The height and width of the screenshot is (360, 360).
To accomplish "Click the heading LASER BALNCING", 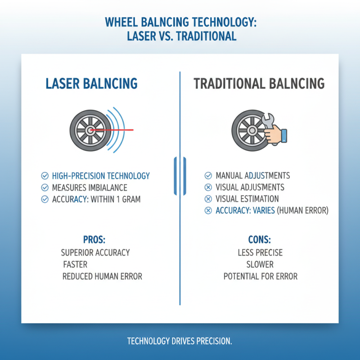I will (x=91, y=83).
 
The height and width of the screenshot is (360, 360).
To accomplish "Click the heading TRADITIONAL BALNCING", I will (x=259, y=83).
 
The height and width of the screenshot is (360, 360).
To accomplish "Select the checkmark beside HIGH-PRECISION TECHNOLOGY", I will (x=45, y=176).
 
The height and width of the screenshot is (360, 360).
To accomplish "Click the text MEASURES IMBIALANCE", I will (x=90, y=188).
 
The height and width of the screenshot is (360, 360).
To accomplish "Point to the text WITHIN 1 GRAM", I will (x=116, y=199).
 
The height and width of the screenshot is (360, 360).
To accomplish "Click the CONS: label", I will (x=260, y=239).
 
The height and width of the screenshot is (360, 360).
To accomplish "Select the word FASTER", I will (x=75, y=264).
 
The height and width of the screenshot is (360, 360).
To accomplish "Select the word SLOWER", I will (x=260, y=264).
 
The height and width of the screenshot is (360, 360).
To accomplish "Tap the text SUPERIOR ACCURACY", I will (x=95, y=252).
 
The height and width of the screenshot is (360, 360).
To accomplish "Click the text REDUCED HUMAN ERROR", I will (x=102, y=276).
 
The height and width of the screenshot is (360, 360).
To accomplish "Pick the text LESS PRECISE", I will (x=260, y=252).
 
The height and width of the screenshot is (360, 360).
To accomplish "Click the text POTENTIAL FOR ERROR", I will (x=261, y=276).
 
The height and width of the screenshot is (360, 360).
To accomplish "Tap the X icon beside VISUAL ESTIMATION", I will (x=208, y=199).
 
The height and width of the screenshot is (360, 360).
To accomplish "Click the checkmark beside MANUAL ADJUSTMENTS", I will (x=208, y=175).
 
